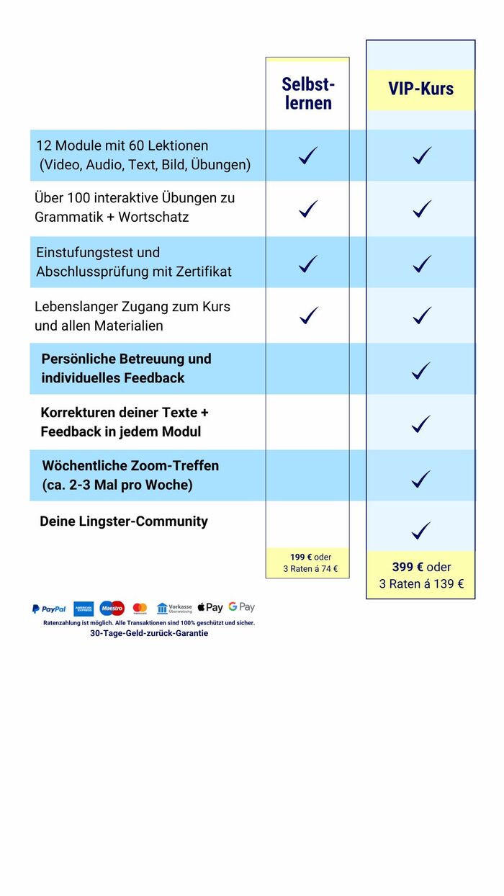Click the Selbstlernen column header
[x=308, y=94]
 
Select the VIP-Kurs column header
[x=421, y=89]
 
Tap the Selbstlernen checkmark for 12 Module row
[x=308, y=155]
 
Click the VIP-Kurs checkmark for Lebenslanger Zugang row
[x=422, y=315]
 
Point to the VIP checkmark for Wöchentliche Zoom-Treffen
[x=421, y=478]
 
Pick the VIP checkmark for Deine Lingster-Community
[x=421, y=531]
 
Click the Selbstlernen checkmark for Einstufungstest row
[x=308, y=264]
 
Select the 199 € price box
[x=310, y=563]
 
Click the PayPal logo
[x=49, y=609]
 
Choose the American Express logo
[x=84, y=609]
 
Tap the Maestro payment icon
[x=112, y=609]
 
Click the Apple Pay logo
[x=210, y=608]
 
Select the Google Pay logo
[x=242, y=607]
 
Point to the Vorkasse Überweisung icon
[x=174, y=609]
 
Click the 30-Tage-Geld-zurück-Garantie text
[x=149, y=633]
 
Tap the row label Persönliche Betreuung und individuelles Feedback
[x=126, y=368]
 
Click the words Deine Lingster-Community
[x=124, y=521]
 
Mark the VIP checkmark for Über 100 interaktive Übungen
[x=422, y=209]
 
